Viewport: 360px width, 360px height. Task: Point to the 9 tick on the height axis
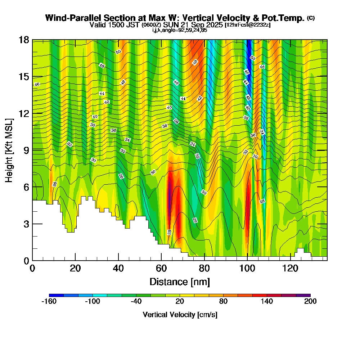tap(32, 150)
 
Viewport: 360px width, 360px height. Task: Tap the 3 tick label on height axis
tap(26, 224)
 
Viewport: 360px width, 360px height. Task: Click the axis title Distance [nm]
tap(179, 281)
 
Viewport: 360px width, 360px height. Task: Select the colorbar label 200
tap(310, 301)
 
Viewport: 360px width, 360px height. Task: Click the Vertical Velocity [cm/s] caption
tap(180, 315)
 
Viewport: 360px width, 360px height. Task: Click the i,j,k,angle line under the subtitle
tap(179, 30)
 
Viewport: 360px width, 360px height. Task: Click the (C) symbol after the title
tap(311, 18)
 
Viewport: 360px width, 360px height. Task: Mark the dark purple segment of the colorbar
tap(303, 295)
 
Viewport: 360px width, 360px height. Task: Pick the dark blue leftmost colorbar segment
tap(56, 295)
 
